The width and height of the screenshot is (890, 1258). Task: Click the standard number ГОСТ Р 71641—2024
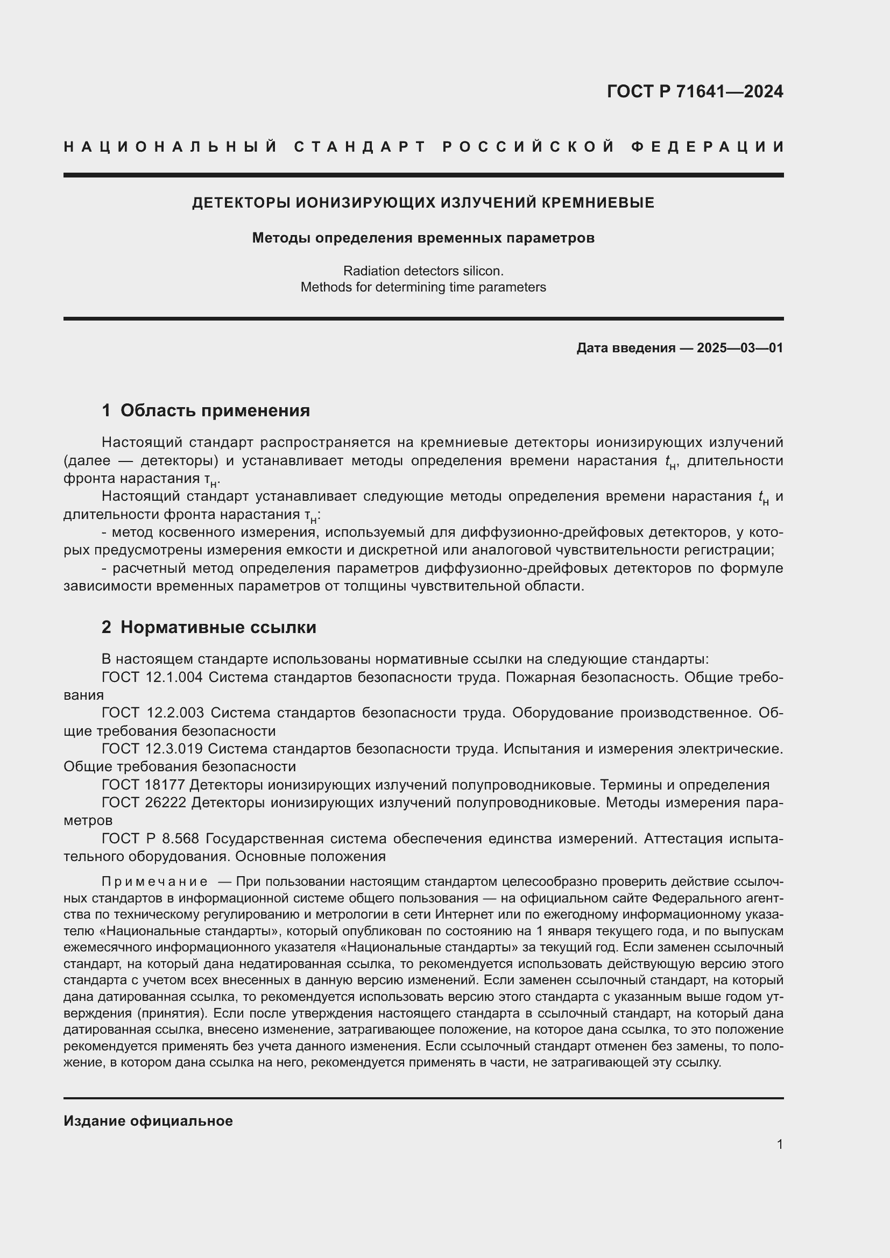click(695, 91)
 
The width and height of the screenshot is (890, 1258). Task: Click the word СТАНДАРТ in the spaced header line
click(360, 147)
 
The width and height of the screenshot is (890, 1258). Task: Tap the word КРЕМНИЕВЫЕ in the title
click(598, 203)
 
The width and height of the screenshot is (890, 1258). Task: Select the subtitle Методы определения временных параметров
click(423, 238)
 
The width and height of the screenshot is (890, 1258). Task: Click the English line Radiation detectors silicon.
click(423, 271)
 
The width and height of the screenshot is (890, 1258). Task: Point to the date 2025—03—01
click(740, 348)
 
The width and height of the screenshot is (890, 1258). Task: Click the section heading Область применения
click(215, 410)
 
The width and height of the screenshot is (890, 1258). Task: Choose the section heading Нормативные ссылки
click(218, 627)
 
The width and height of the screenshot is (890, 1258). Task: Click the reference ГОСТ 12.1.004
click(152, 678)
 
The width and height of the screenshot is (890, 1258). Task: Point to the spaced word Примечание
click(154, 882)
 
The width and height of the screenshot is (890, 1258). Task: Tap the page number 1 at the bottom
click(779, 1144)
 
